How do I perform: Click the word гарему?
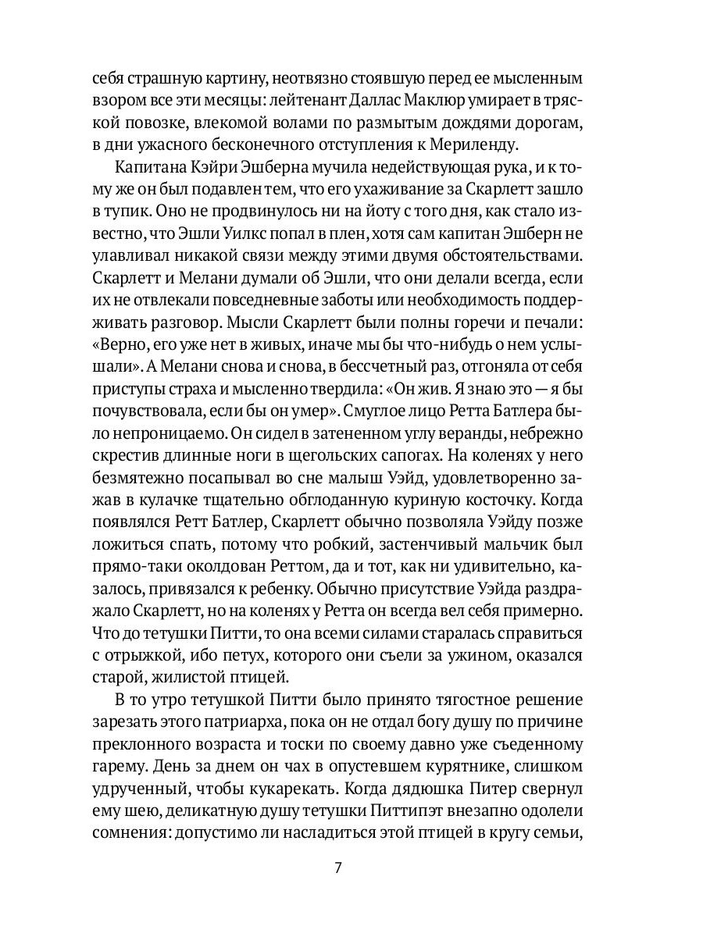pyautogui.click(x=117, y=746)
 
